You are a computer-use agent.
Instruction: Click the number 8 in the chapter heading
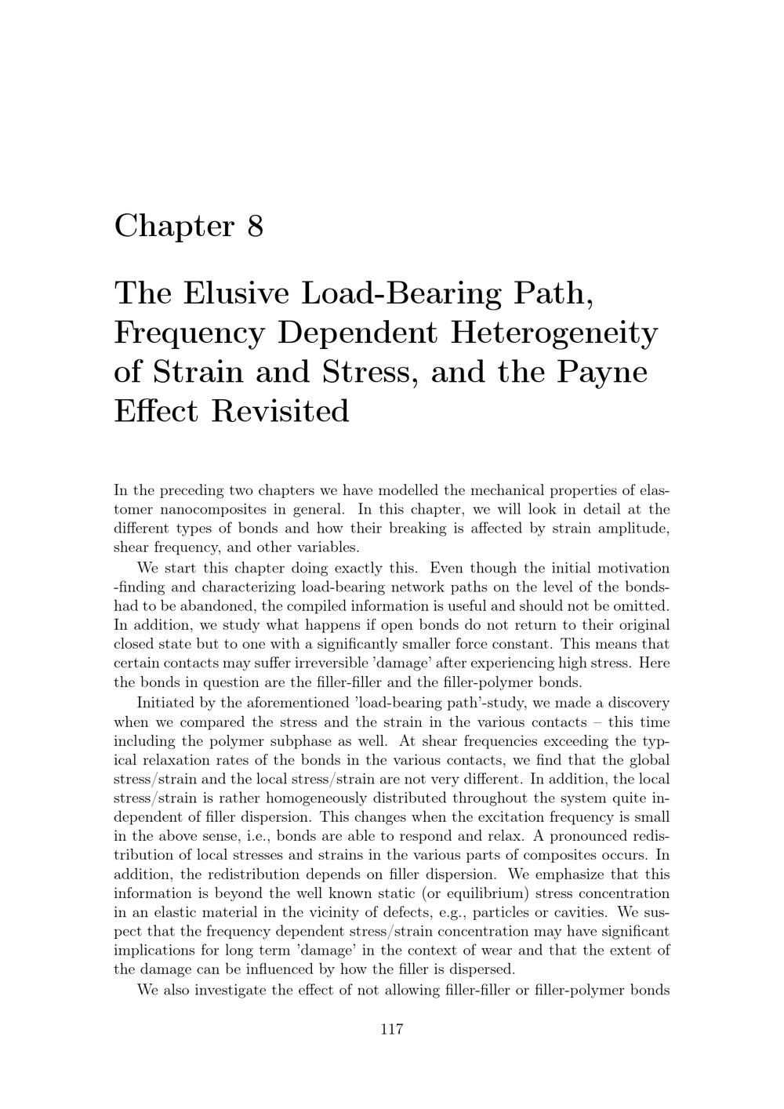[x=255, y=227]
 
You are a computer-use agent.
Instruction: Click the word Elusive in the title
[x=238, y=293]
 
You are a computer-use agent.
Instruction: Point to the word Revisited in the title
[x=280, y=411]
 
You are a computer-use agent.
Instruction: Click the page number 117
[x=391, y=1030]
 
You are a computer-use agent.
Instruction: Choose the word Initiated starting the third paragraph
[x=165, y=703]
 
